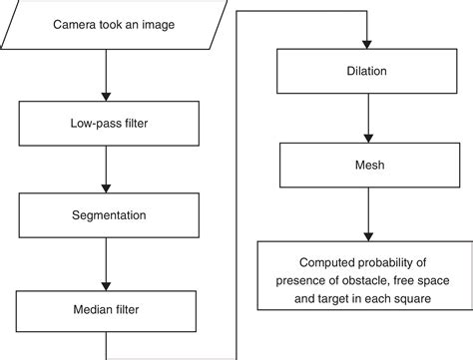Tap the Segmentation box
coord(106,214)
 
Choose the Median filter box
coord(106,308)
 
